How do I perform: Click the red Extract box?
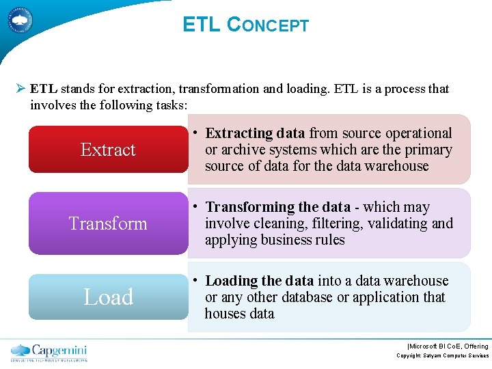[x=108, y=149]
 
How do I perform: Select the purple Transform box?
[x=108, y=223]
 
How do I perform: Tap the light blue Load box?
[x=108, y=297]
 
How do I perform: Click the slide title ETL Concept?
[x=245, y=25]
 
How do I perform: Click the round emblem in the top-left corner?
[x=21, y=20]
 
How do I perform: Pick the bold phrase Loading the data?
[x=259, y=281]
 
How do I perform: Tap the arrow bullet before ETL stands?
[x=20, y=89]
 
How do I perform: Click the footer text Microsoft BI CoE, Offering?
[x=447, y=346]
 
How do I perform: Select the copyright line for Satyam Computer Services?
[x=443, y=356]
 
